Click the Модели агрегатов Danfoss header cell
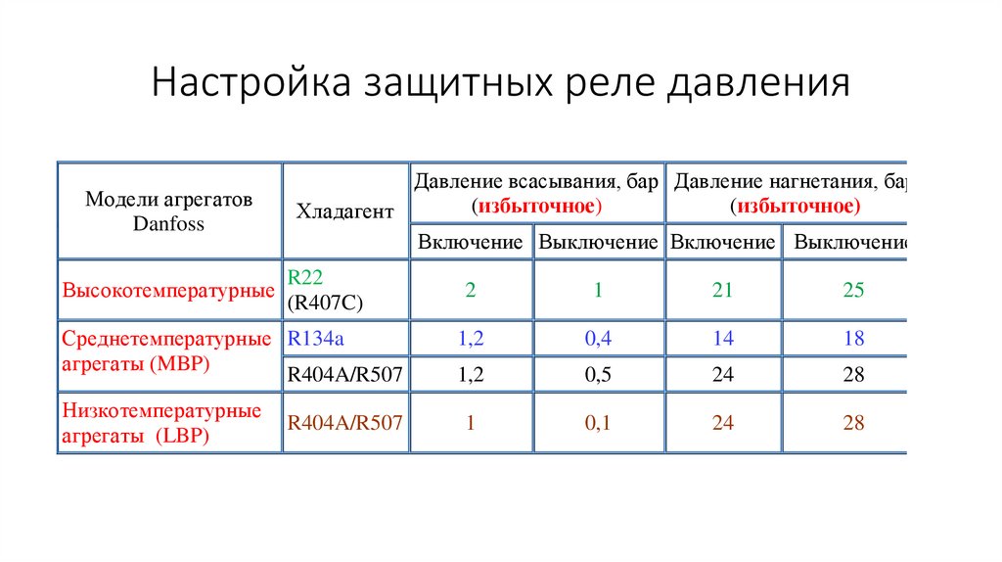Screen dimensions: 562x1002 click(x=168, y=211)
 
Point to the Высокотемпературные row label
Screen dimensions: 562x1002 click(x=167, y=291)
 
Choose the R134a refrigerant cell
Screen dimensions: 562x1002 click(x=314, y=339)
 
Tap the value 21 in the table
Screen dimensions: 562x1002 click(x=722, y=291)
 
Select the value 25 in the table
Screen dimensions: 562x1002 click(x=853, y=291)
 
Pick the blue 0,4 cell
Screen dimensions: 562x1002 click(x=598, y=339)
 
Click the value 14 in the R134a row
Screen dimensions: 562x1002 click(x=722, y=339)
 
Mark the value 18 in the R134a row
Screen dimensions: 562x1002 click(x=853, y=339)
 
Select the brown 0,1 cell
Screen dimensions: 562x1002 click(x=598, y=423)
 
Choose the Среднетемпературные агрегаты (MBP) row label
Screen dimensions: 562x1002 click(x=166, y=351)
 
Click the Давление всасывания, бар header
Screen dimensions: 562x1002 click(x=535, y=194)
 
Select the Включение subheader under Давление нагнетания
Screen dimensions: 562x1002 click(x=722, y=242)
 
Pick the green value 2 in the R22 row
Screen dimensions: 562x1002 click(x=471, y=291)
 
